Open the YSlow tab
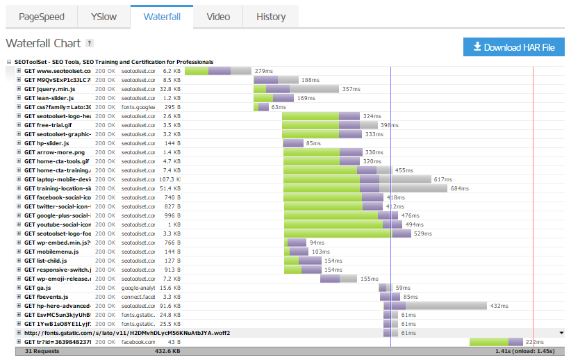point(104,17)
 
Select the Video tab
point(218,17)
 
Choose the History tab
point(270,17)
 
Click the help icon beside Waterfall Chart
point(90,43)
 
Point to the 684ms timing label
point(459,188)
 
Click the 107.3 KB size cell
point(169,179)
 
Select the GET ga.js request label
point(38,288)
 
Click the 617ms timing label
point(442,179)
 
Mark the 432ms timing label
point(498,306)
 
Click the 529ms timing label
point(423,234)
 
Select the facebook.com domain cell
point(138,342)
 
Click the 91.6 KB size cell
point(169,306)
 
